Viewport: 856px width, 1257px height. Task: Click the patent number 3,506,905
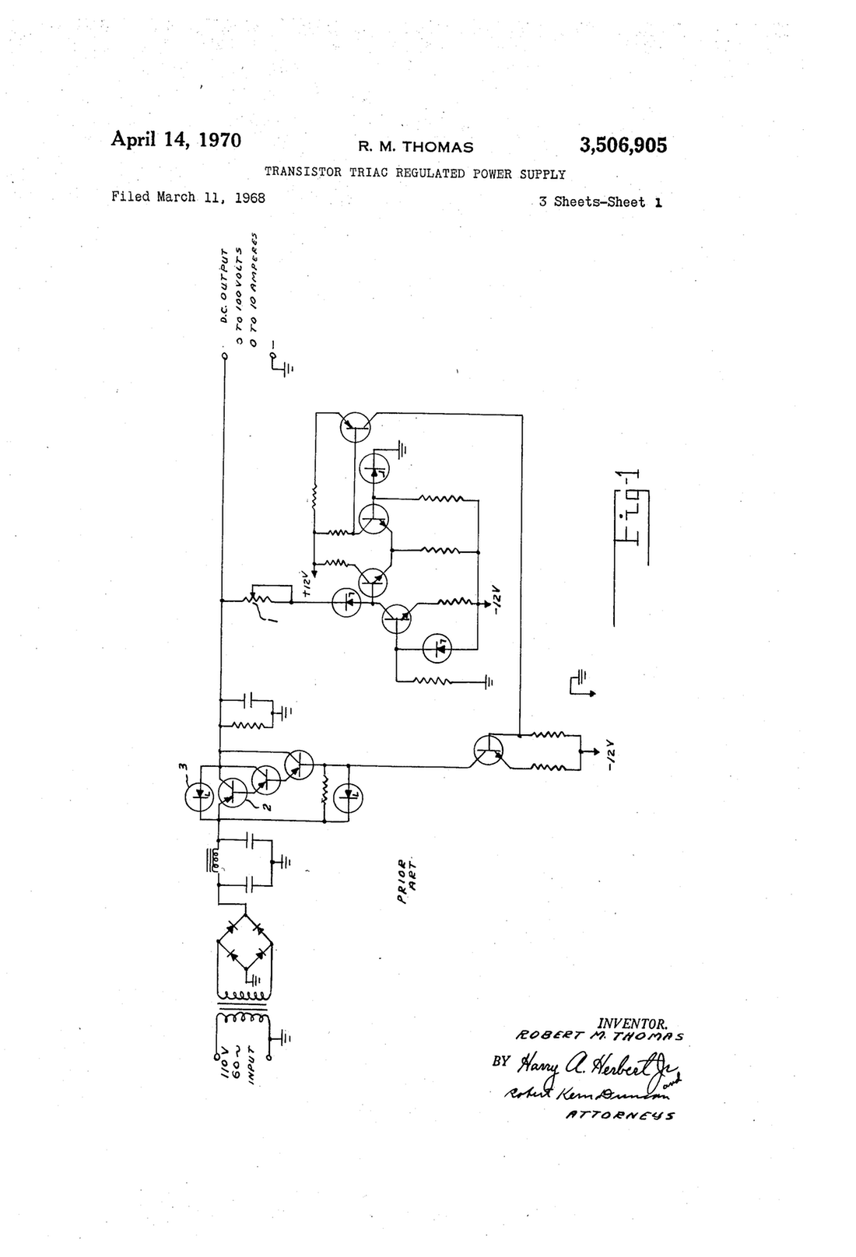623,145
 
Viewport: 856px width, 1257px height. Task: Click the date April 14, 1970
176,139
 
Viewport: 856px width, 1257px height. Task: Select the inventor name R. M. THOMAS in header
415,147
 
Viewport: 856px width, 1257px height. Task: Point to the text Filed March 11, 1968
188,198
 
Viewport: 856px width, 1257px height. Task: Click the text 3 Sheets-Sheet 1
601,202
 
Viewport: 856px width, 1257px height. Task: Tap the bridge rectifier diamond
245,942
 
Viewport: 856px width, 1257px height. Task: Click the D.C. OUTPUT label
223,286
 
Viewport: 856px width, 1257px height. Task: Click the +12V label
307,585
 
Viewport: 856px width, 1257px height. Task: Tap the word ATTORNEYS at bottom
620,1115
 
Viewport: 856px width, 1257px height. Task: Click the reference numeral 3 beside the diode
184,767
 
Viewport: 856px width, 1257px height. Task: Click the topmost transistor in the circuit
355,425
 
